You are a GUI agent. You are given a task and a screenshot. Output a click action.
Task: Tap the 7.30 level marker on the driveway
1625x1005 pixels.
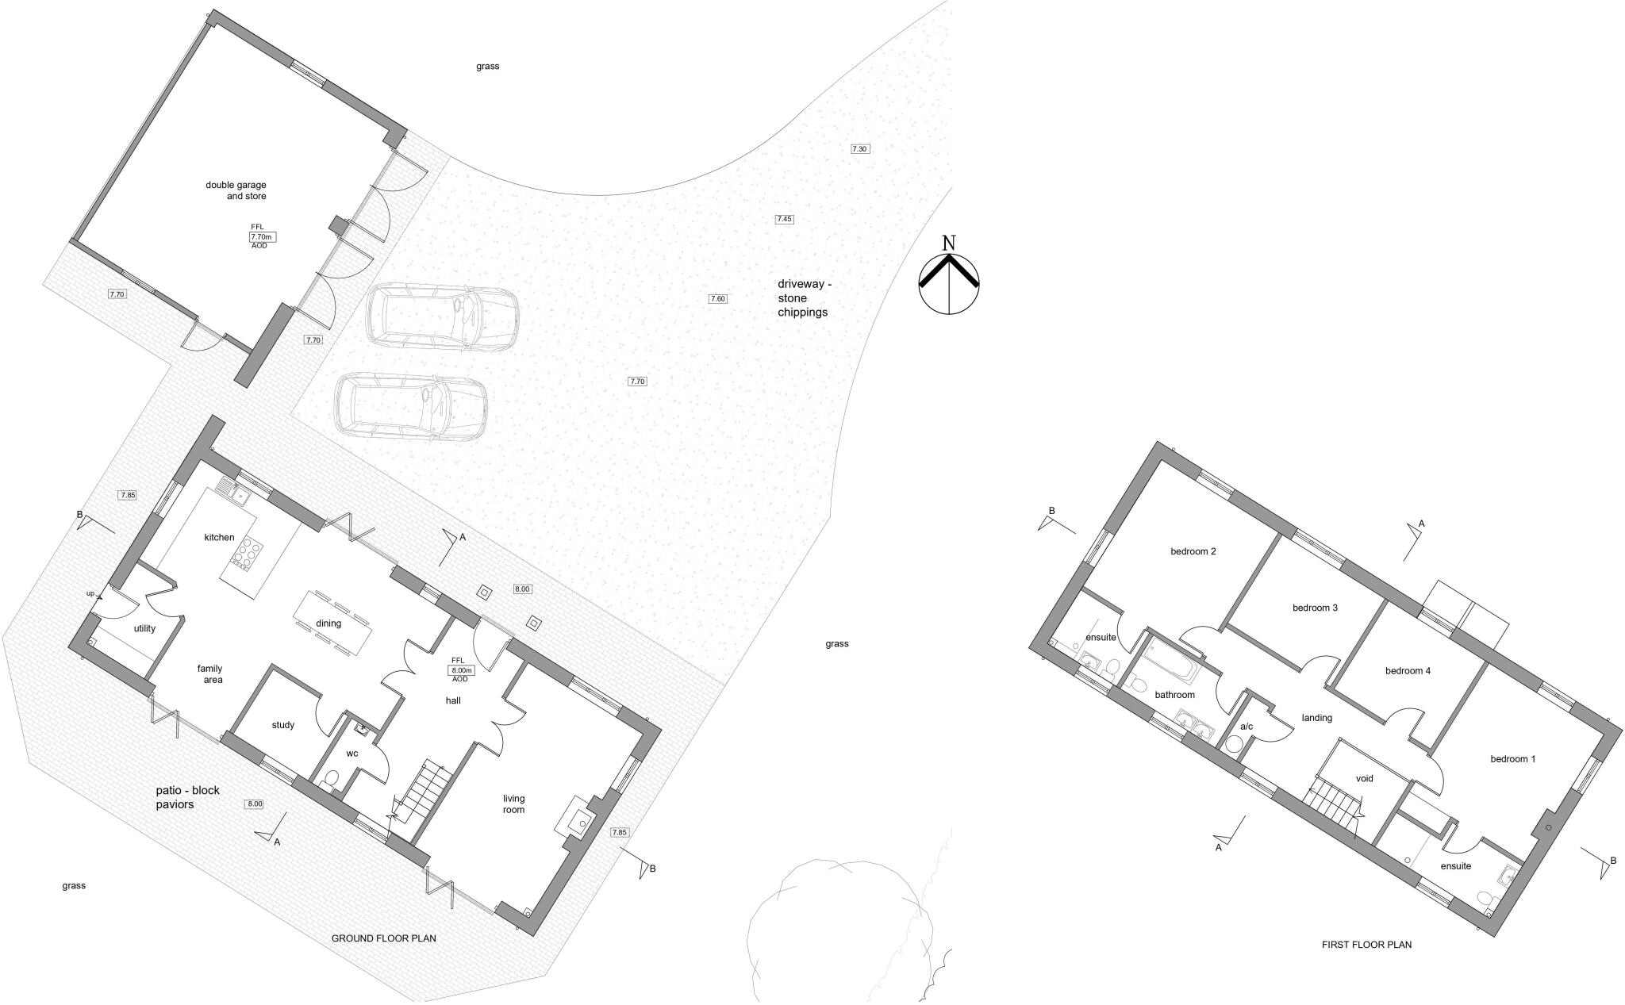pos(860,149)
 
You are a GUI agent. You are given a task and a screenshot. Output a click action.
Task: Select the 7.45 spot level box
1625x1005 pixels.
pos(784,219)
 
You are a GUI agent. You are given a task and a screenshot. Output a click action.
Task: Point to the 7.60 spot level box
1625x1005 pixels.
pos(717,299)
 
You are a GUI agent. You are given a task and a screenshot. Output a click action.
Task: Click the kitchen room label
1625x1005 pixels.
pos(219,538)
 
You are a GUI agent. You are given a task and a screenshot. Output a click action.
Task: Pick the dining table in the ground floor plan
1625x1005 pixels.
pos(332,623)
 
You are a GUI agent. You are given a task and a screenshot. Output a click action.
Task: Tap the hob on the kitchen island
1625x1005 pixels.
pos(245,553)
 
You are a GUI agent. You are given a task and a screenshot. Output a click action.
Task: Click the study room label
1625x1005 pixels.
pos(283,725)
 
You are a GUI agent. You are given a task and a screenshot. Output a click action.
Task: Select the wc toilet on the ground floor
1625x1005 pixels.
pos(332,782)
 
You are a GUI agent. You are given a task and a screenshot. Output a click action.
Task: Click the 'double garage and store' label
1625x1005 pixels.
pos(236,190)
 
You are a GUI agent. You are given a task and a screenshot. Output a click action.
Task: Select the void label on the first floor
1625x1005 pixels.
pos(1364,779)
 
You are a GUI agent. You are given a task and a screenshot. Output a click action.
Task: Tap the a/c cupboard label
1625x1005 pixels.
pos(1246,727)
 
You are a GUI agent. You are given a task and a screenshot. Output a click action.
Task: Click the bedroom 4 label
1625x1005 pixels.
pos(1408,671)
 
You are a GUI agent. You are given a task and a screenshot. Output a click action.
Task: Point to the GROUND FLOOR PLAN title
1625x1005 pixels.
pos(383,939)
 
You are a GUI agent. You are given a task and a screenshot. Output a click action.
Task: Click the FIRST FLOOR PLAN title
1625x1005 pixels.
pos(1366,946)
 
